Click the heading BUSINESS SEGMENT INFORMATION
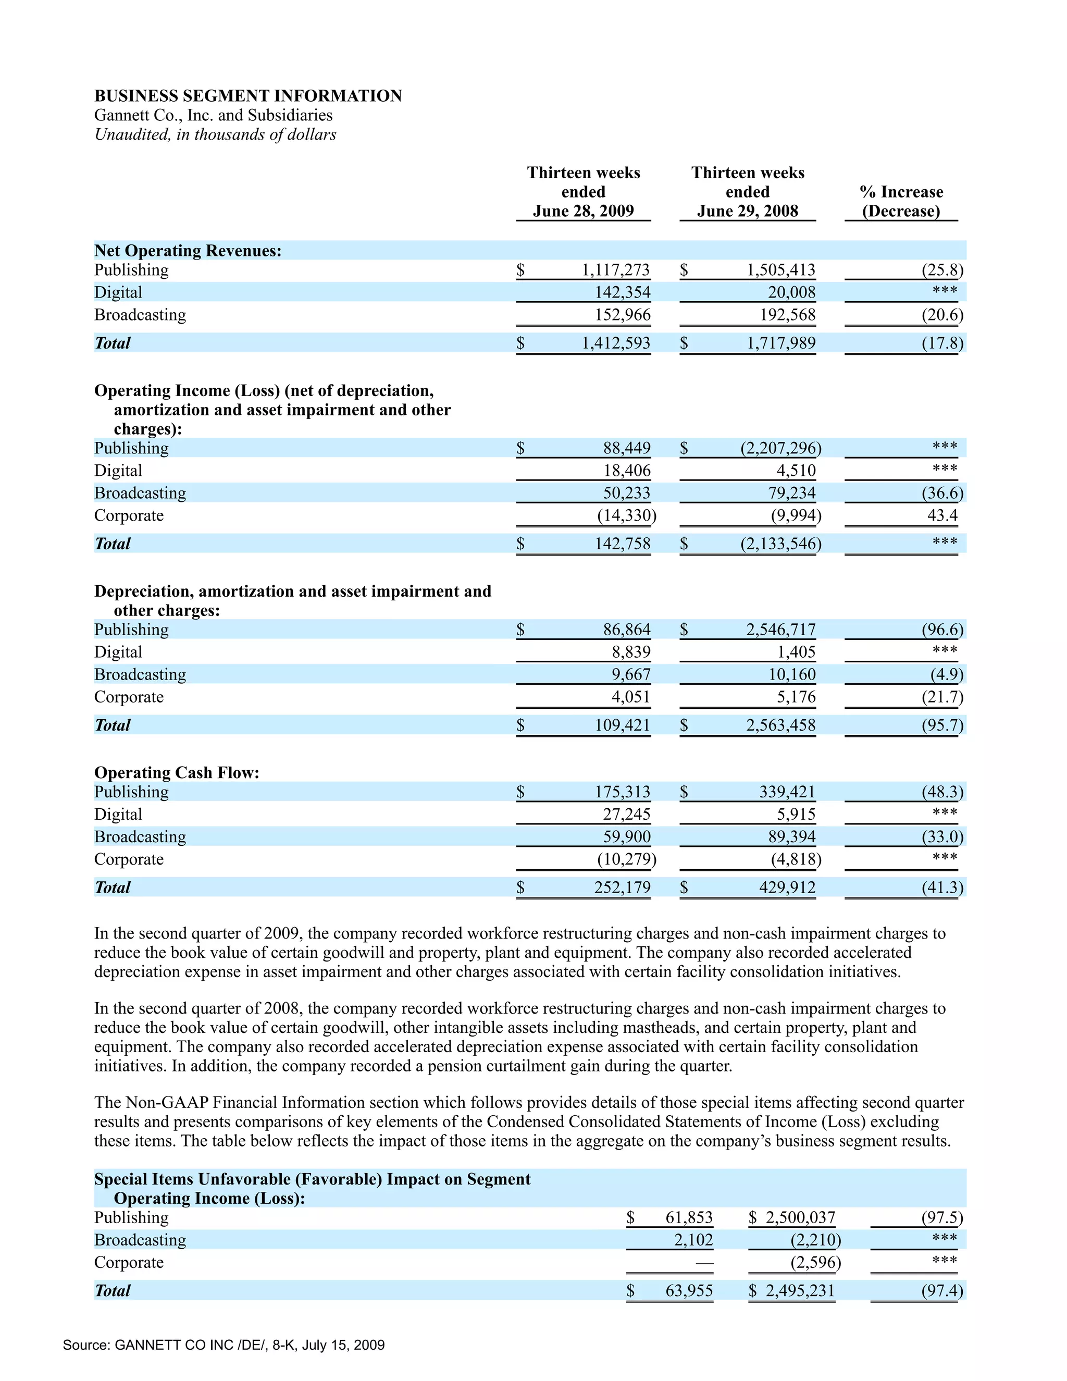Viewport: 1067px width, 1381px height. pos(248,95)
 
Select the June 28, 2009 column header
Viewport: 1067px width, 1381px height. pos(583,211)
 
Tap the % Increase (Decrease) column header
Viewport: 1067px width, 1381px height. pos(901,201)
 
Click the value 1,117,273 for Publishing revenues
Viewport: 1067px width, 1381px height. pos(615,270)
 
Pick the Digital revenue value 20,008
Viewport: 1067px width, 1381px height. pos(791,292)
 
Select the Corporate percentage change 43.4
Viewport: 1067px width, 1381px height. pos(942,515)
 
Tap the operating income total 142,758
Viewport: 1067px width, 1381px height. pos(622,544)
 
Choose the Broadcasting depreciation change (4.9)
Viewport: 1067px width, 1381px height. pos(946,675)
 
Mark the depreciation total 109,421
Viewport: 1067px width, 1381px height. pos(622,725)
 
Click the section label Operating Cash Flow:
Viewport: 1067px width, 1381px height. pos(177,773)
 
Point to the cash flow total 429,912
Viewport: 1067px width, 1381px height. pos(787,888)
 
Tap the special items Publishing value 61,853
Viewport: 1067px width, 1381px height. pos(688,1218)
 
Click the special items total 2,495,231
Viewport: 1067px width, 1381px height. pos(800,1290)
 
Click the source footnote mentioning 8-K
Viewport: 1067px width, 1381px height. pos(224,1345)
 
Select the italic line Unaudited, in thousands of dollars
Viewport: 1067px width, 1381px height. pos(215,134)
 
